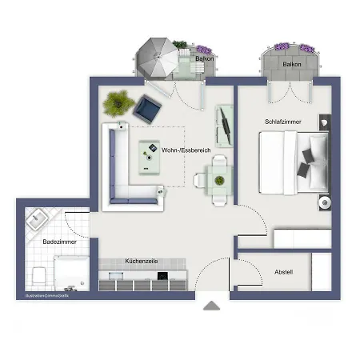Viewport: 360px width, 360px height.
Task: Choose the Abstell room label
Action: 283,272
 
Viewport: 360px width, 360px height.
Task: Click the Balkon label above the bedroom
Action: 292,63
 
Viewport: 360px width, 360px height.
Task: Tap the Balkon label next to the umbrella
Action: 205,58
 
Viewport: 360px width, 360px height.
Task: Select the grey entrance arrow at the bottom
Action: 210,305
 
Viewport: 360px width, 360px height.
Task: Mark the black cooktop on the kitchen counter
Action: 162,277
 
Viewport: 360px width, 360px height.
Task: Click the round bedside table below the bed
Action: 324,203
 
